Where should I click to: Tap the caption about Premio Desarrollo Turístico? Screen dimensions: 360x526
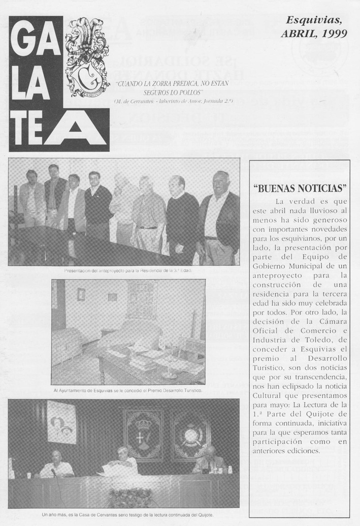point(127,390)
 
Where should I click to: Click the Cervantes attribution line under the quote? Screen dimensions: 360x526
point(159,102)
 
